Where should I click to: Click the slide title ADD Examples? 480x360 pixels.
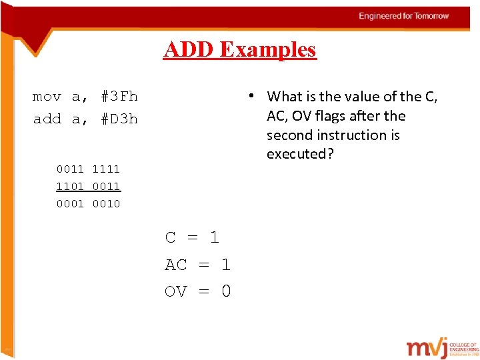240,49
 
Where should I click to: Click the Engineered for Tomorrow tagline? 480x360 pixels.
404,16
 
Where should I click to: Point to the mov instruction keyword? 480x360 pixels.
47,97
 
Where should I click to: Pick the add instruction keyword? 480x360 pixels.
47,119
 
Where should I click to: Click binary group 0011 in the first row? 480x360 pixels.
70,169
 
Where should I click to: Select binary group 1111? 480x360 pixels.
106,169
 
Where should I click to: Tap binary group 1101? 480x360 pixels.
70,187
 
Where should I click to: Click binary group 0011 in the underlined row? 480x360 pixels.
106,187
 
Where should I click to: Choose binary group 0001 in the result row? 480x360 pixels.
70,204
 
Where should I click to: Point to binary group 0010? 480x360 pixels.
106,204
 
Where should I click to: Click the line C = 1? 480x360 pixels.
192,237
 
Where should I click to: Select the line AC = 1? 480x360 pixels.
197,265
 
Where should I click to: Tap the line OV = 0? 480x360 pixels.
197,291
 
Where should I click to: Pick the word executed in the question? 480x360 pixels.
299,154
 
